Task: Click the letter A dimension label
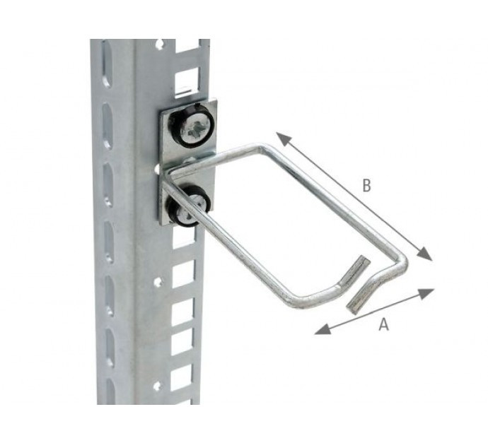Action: click(384, 324)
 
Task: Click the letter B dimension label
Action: click(367, 185)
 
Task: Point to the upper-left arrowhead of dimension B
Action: click(283, 139)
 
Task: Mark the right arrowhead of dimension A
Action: click(426, 293)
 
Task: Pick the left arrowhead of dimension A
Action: click(323, 329)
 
